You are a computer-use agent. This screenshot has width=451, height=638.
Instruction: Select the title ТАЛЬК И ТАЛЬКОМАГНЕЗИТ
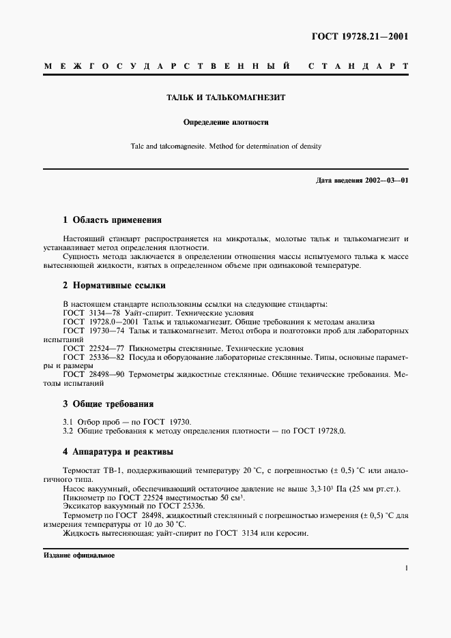(226, 97)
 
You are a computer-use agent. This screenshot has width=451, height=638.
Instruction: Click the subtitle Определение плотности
(226, 123)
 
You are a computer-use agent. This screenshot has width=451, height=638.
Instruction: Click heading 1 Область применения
(112, 220)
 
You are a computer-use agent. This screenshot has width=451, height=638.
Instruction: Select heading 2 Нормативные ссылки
(114, 286)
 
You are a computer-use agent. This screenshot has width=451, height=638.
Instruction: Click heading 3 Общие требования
(108, 404)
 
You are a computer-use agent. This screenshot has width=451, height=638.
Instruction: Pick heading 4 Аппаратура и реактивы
(118, 451)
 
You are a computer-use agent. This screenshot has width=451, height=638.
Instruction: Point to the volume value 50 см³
(223, 497)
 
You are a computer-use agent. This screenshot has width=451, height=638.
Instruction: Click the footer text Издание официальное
(80, 556)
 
